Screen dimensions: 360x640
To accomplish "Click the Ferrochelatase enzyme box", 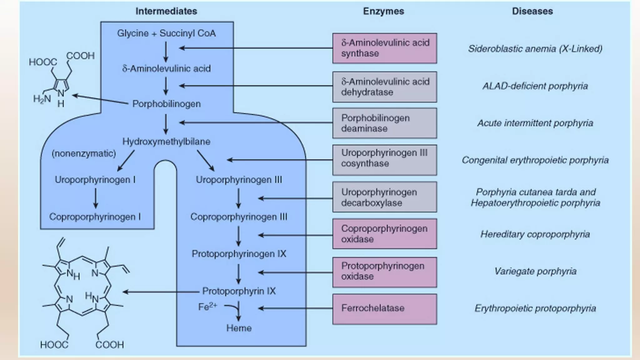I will (x=384, y=309).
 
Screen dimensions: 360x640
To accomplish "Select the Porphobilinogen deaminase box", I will (x=384, y=123).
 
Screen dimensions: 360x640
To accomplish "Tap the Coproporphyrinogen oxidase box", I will (x=384, y=234).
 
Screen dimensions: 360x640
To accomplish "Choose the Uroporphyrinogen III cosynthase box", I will (x=384, y=160).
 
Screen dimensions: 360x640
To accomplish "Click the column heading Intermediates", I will (x=166, y=11).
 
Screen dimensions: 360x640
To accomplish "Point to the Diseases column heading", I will (x=532, y=11).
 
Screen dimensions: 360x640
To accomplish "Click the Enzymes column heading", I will (x=383, y=11).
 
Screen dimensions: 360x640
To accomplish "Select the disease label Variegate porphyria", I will (x=535, y=271).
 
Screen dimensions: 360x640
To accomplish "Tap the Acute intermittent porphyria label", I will (x=535, y=123).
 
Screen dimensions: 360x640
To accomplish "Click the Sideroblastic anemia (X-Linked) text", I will (x=535, y=49).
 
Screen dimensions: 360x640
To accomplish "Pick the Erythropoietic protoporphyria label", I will (x=535, y=308).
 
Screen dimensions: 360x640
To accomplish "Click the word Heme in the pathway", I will (x=239, y=328).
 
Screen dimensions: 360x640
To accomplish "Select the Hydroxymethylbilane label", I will (x=166, y=142).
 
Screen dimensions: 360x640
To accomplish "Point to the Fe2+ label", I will (x=207, y=307).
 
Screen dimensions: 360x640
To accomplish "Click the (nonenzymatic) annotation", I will (x=84, y=154).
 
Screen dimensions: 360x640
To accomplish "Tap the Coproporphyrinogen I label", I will (x=95, y=217).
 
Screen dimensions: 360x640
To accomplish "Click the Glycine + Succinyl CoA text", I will (x=166, y=33).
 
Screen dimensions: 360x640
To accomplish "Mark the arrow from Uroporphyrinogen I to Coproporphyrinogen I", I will (x=96, y=198).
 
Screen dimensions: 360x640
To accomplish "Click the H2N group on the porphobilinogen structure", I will (x=42, y=99).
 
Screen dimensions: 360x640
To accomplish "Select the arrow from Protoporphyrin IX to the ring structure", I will (x=161, y=292).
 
